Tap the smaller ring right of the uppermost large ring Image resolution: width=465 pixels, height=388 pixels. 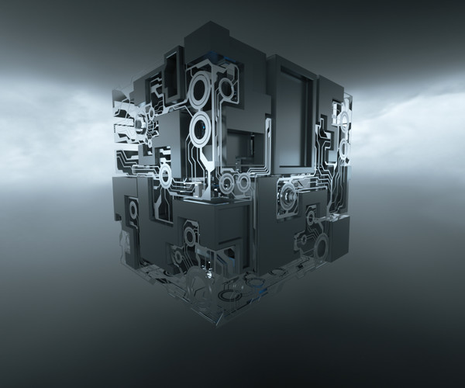tap(226, 88)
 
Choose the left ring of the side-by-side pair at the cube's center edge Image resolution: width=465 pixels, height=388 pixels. tap(226, 184)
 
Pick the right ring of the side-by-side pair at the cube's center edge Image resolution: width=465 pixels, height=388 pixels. tap(243, 183)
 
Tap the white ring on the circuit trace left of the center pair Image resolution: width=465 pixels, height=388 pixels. tap(165, 176)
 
